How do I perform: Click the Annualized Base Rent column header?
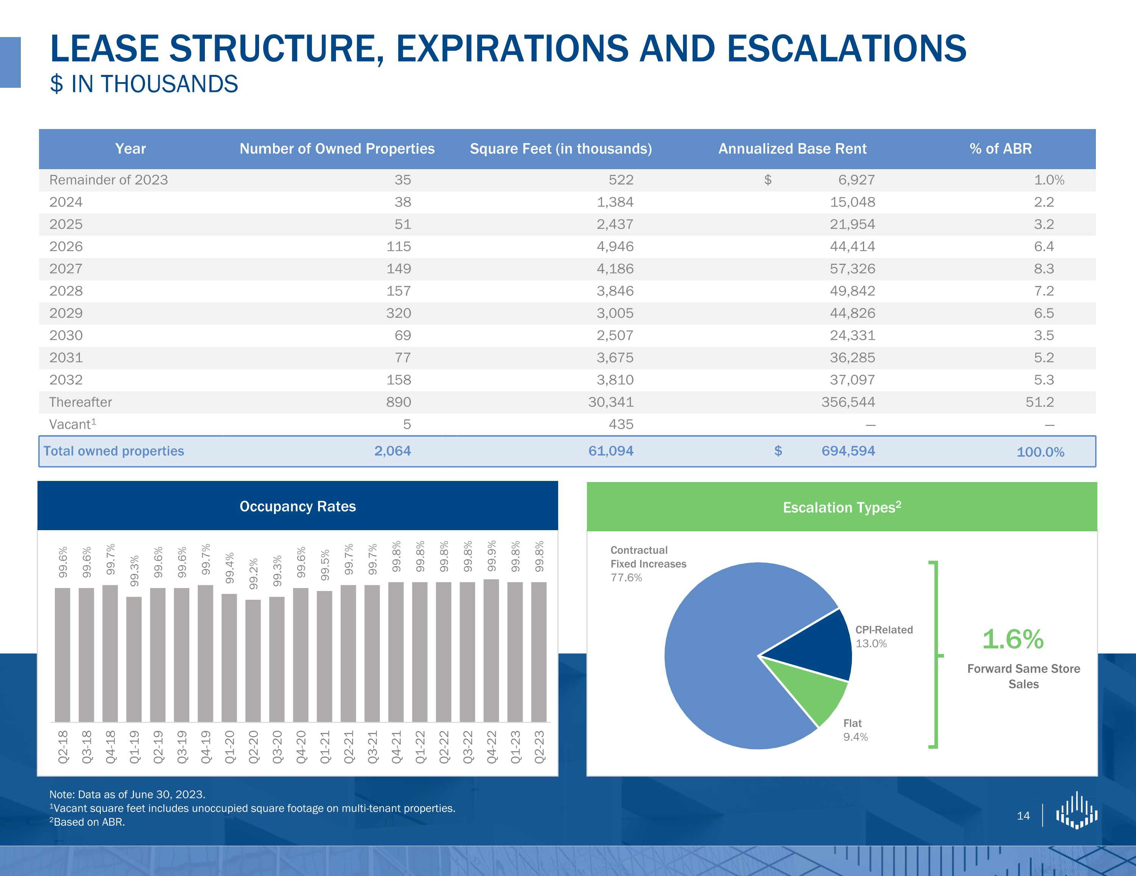pyautogui.click(x=792, y=149)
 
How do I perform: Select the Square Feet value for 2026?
pyautogui.click(x=615, y=246)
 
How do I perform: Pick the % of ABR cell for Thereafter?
pyautogui.click(x=1039, y=402)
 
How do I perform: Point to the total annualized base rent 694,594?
pyautogui.click(x=848, y=451)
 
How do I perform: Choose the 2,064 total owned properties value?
pyautogui.click(x=392, y=451)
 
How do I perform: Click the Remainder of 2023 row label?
pyautogui.click(x=108, y=180)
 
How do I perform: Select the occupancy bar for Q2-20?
pyautogui.click(x=253, y=660)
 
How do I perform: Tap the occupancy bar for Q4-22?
pyautogui.click(x=491, y=650)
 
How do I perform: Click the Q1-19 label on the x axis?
pyautogui.click(x=134, y=747)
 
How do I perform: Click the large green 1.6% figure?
pyautogui.click(x=1012, y=639)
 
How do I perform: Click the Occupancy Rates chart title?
pyautogui.click(x=298, y=506)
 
